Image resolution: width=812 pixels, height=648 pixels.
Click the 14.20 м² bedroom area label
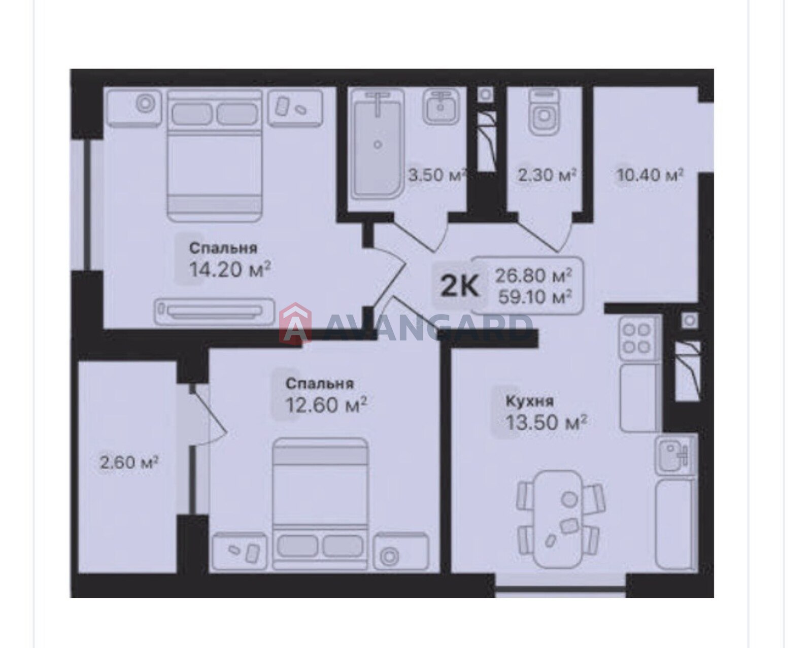230,269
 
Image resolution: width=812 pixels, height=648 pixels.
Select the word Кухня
529,401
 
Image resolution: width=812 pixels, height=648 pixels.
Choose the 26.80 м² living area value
533,276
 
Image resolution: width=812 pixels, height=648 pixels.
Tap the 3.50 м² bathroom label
437,175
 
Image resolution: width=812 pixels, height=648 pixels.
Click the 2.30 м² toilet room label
547,175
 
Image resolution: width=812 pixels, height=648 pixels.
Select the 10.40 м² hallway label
650,175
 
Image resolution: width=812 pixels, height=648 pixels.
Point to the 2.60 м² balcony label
129,462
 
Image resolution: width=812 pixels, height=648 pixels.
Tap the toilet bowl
544,112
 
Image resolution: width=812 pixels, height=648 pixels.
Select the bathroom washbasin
441,107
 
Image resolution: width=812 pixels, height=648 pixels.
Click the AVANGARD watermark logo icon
295,323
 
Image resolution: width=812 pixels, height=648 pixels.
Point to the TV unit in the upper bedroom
215,312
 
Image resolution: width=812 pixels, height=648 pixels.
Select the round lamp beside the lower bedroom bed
389,557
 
